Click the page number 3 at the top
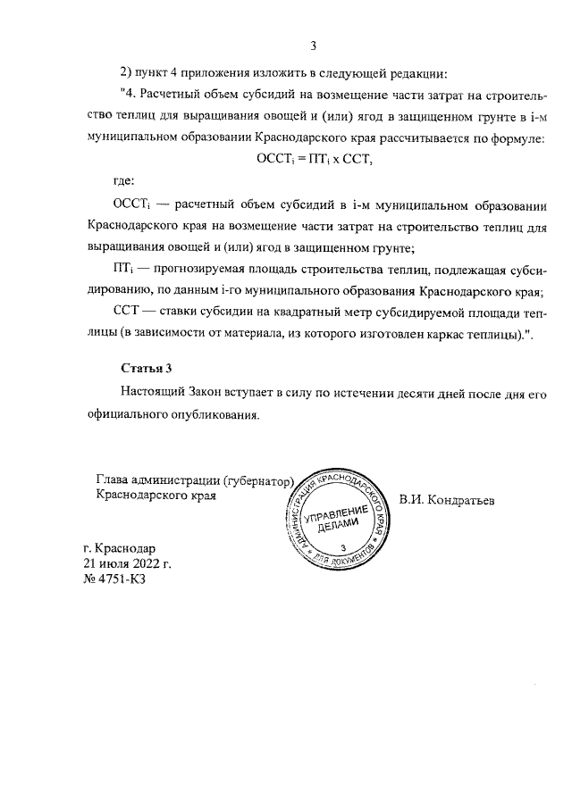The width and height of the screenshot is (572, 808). click(x=313, y=47)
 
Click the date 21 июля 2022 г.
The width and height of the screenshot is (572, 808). click(x=126, y=563)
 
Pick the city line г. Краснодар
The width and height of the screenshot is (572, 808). click(x=118, y=547)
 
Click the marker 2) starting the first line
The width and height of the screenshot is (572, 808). click(x=127, y=71)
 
